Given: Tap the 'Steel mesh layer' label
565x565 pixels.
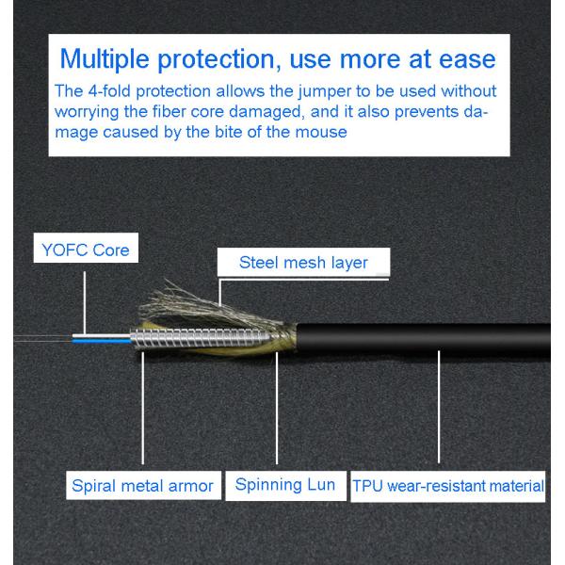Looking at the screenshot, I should click(302, 262).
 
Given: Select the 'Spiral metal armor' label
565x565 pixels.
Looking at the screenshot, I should click(142, 487).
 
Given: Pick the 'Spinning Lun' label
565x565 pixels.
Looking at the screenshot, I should click(284, 486).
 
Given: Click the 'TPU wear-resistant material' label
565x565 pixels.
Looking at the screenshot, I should click(448, 487).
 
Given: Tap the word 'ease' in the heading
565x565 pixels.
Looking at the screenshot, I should click(463, 59).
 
